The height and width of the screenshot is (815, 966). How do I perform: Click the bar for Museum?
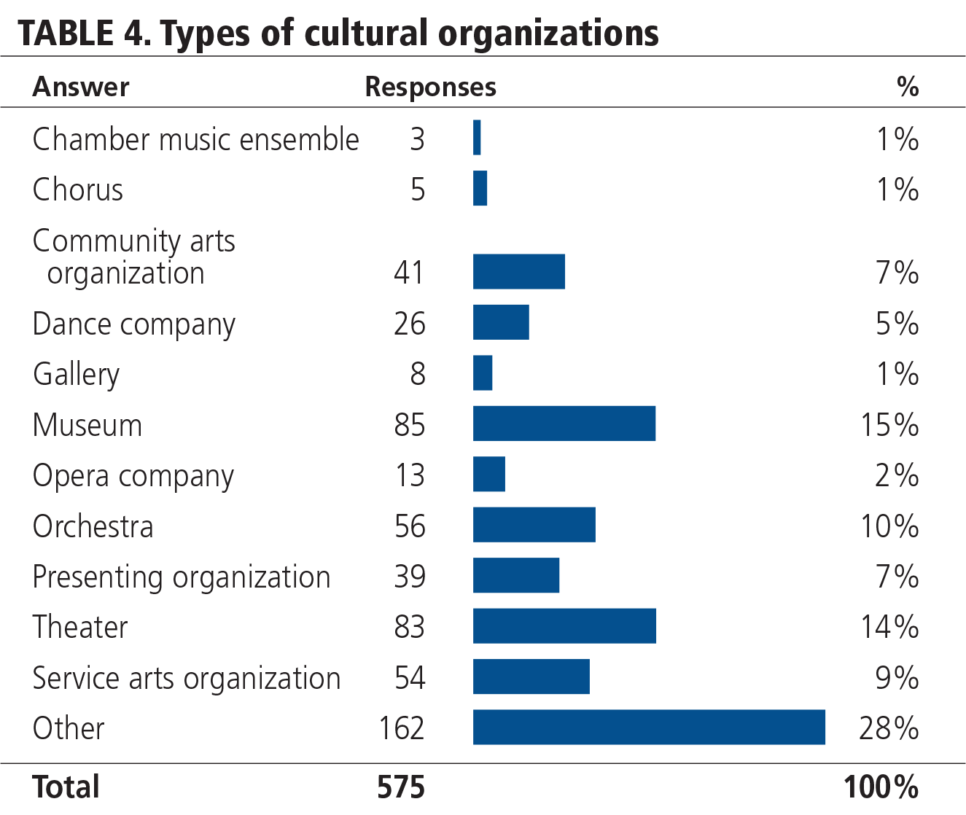click(564, 424)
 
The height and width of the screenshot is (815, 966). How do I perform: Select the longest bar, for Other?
click(649, 727)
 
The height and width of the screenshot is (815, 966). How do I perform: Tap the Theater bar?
click(564, 626)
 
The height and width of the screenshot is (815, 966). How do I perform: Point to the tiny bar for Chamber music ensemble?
click(477, 138)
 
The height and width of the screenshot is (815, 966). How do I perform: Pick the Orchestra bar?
click(534, 525)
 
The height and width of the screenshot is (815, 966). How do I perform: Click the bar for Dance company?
click(501, 322)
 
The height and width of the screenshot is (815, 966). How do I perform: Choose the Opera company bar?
click(488, 475)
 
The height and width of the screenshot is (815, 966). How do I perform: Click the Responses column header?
click(430, 87)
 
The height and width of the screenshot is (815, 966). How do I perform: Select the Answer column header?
click(81, 87)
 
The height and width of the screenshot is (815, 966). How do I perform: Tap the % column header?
click(907, 87)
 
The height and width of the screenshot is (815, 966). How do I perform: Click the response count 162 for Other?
click(401, 728)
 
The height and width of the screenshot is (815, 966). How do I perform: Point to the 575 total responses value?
click(401, 787)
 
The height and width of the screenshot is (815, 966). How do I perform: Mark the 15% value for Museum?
click(889, 424)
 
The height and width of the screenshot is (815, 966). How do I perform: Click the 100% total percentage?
click(881, 787)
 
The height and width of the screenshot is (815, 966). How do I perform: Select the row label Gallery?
click(76, 374)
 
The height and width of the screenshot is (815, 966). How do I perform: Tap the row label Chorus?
click(77, 190)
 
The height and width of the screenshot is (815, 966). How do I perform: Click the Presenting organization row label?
click(182, 577)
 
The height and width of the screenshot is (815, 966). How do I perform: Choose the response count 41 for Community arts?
click(409, 272)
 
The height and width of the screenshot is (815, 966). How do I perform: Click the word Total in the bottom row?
click(66, 787)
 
